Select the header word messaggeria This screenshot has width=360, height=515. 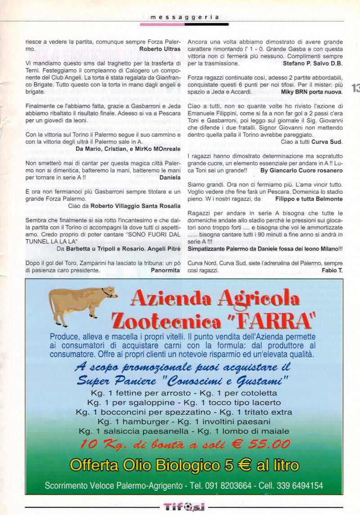[x=184, y=17]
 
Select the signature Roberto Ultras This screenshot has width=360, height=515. [x=160, y=49]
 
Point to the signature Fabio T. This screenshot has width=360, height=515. [x=332, y=270]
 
